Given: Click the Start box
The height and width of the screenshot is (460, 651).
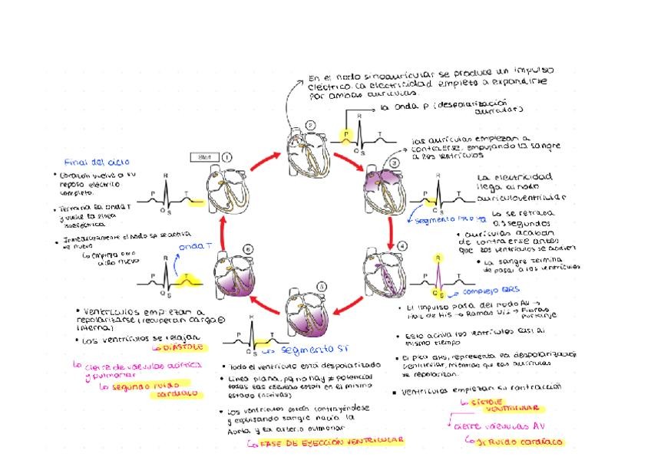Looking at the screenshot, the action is pos(204,157).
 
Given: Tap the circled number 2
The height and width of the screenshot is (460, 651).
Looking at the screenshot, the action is pos(310,125).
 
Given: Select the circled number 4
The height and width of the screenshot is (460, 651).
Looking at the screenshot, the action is pos(402,245).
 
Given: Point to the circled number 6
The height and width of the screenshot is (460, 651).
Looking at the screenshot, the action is pos(247,248).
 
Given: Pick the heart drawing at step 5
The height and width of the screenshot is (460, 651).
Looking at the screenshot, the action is pos(309,314).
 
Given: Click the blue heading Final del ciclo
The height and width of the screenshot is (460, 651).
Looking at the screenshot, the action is pos(97,162).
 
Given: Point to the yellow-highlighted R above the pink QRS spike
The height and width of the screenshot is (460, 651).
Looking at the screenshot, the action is pos(437,258).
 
